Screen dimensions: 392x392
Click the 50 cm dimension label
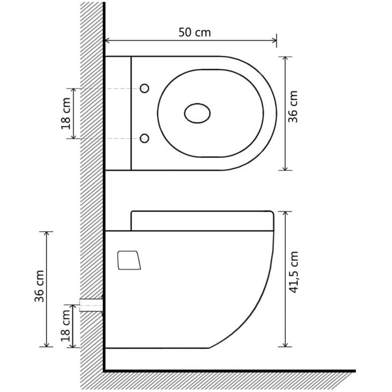194,33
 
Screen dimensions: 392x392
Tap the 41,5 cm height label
293,272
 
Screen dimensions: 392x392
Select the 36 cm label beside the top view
293,107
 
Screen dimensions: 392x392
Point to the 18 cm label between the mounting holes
66,113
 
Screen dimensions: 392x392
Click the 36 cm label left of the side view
40,286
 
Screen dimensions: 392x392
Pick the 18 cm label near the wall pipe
65,326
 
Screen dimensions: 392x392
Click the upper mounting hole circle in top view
144,88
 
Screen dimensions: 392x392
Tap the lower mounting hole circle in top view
144,138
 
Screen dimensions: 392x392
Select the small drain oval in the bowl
197,113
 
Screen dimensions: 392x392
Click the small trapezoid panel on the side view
129,260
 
